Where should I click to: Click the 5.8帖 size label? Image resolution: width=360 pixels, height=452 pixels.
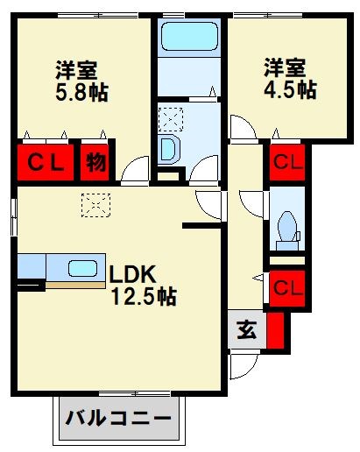81,92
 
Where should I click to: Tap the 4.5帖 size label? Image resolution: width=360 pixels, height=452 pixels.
290,88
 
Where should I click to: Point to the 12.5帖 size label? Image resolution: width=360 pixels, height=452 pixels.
143,297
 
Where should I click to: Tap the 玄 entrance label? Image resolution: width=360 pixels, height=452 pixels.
247,332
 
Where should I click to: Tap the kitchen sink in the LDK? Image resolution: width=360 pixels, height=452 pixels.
83,268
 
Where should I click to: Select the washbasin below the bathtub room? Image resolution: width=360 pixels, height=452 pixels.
170,150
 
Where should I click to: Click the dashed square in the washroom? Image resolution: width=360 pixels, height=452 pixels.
168,117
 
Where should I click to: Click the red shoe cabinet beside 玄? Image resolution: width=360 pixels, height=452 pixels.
276,331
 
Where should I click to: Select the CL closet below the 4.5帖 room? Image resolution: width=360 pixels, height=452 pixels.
286,161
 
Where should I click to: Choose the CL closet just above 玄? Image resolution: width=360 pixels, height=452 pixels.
286,286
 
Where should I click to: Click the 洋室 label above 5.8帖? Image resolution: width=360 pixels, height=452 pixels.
76,69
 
